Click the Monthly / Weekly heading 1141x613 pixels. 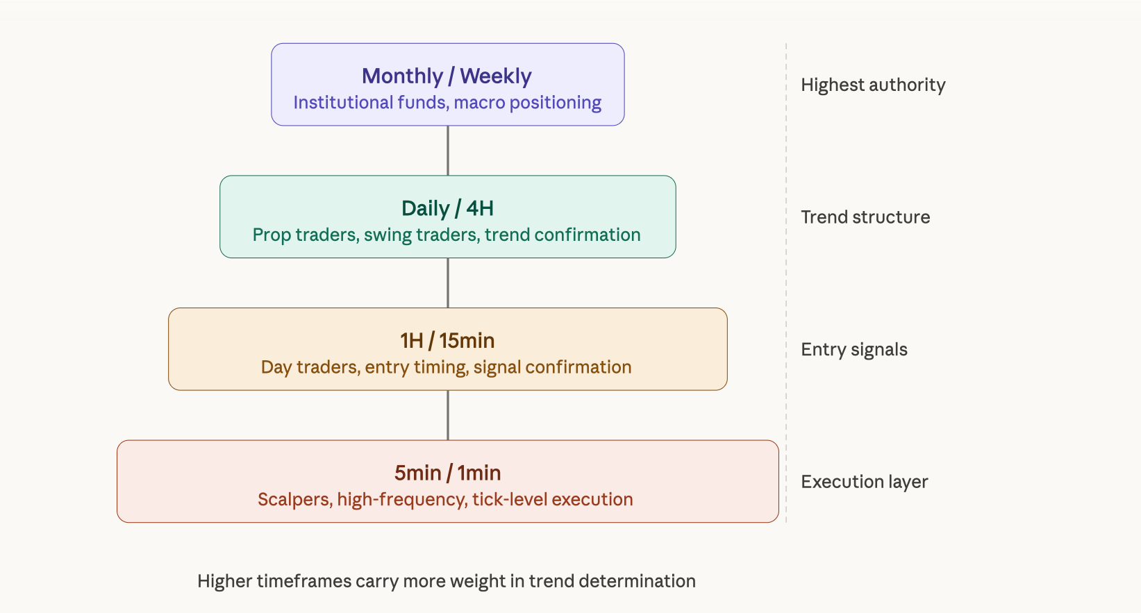[x=447, y=76]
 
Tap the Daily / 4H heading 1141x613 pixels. [x=447, y=209]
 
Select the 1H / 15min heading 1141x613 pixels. [x=447, y=341]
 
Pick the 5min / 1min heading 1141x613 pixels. [x=447, y=473]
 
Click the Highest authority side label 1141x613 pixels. [x=873, y=85]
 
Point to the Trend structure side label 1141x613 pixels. [x=865, y=217]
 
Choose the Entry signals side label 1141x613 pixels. [x=854, y=350]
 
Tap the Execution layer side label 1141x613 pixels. [x=865, y=482]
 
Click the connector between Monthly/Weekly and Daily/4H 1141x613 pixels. [x=448, y=151]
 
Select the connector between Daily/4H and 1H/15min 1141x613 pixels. [x=448, y=283]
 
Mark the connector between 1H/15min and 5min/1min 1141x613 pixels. [x=448, y=415]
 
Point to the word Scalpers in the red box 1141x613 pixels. [x=295, y=500]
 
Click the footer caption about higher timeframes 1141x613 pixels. [x=447, y=582]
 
